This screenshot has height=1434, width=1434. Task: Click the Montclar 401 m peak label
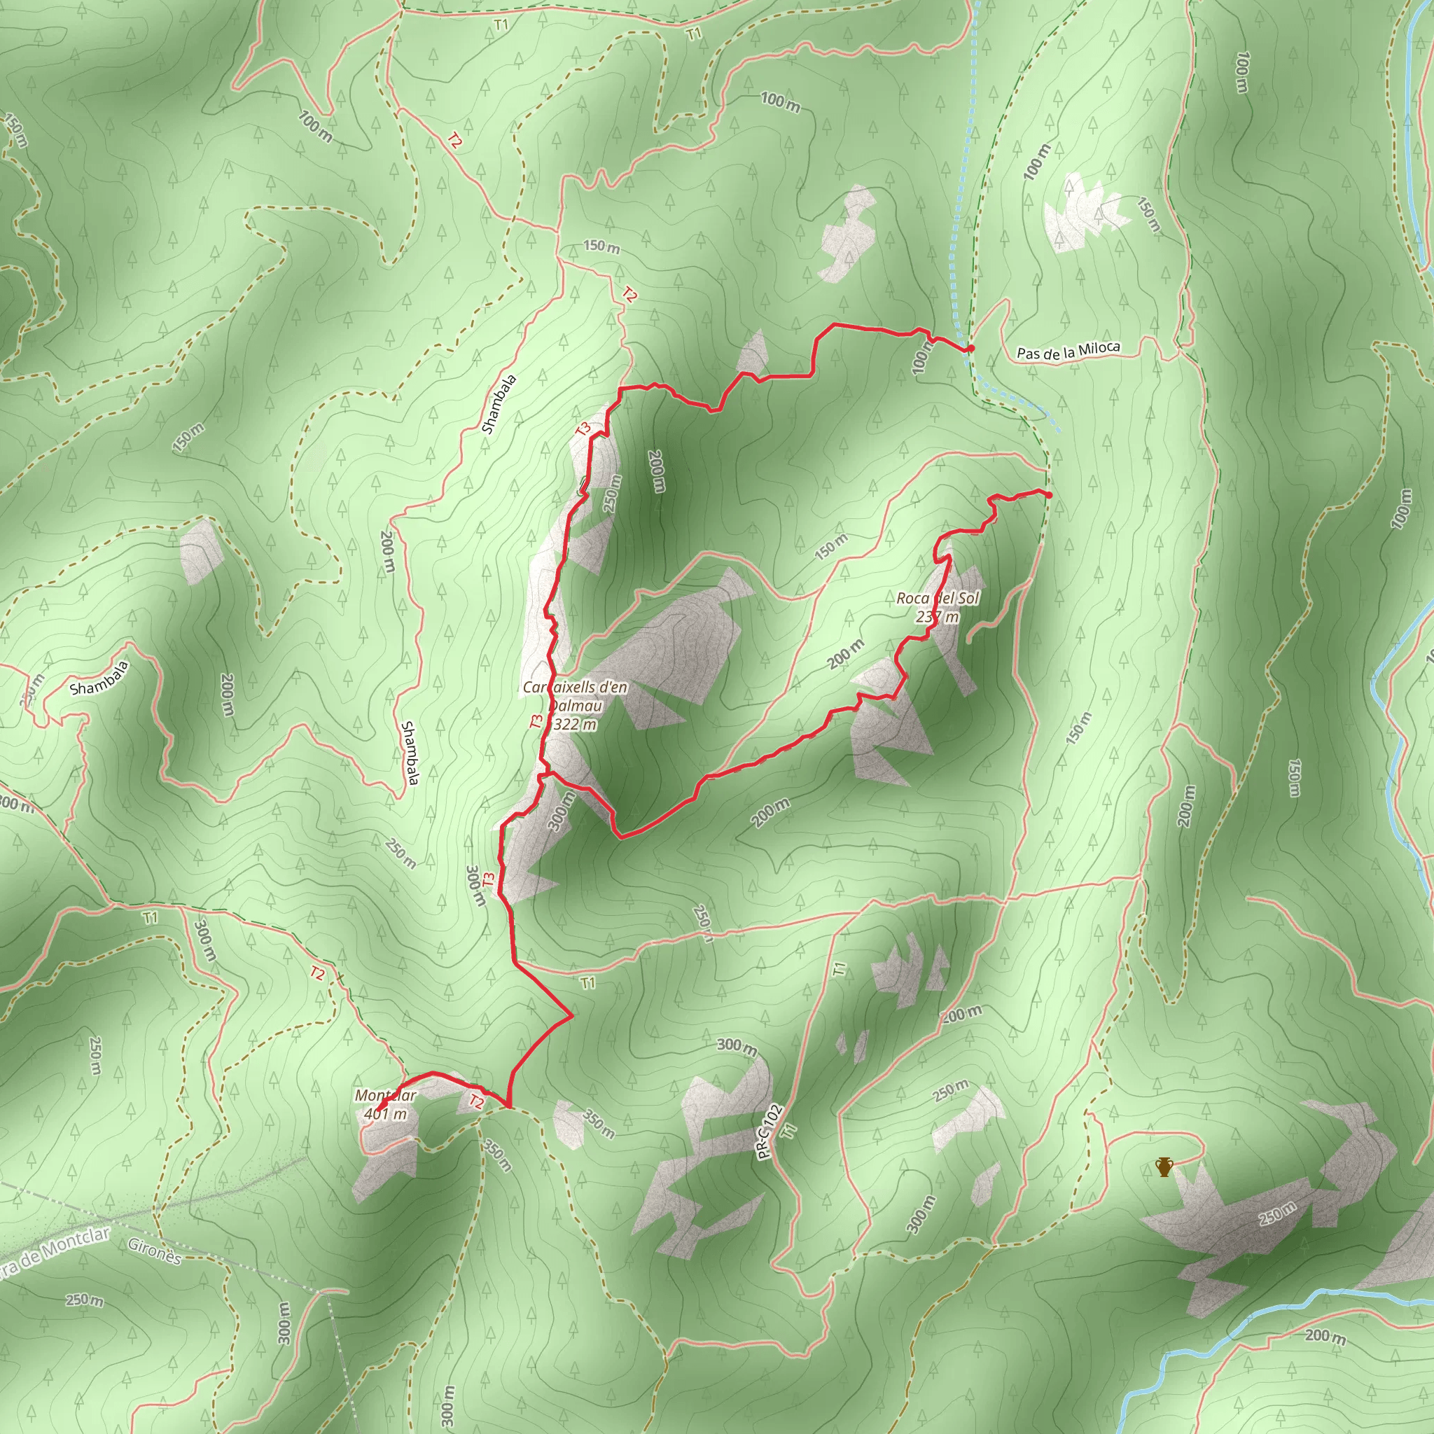(x=385, y=1104)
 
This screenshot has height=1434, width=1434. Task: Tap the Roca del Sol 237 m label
(x=938, y=607)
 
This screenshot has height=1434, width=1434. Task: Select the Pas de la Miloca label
(x=1067, y=350)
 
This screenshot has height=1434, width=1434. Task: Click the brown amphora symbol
(x=1164, y=1167)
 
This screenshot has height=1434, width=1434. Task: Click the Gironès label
(x=154, y=1251)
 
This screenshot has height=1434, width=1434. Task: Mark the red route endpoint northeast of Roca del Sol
(x=1049, y=495)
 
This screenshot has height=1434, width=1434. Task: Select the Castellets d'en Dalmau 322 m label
(x=574, y=705)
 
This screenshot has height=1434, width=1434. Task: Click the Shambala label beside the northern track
(x=499, y=404)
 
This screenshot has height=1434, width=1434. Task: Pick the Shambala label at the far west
(x=99, y=678)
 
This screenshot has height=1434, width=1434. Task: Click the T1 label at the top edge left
(x=501, y=25)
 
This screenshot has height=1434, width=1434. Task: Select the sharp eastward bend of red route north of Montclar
(x=571, y=1015)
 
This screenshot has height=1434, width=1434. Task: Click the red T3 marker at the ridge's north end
(x=583, y=429)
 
